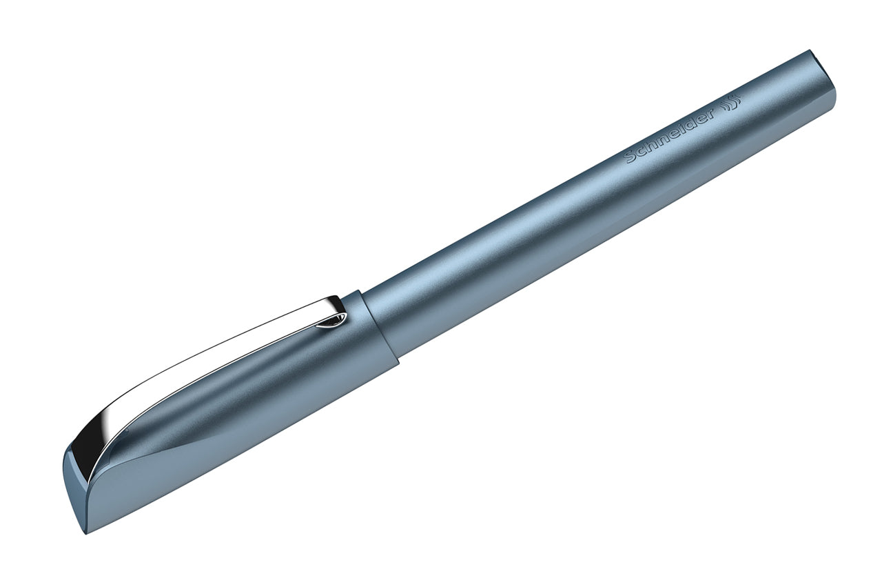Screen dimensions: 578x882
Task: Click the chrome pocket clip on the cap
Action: [x=207, y=366]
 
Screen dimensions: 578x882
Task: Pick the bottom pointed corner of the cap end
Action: [x=93, y=530]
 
